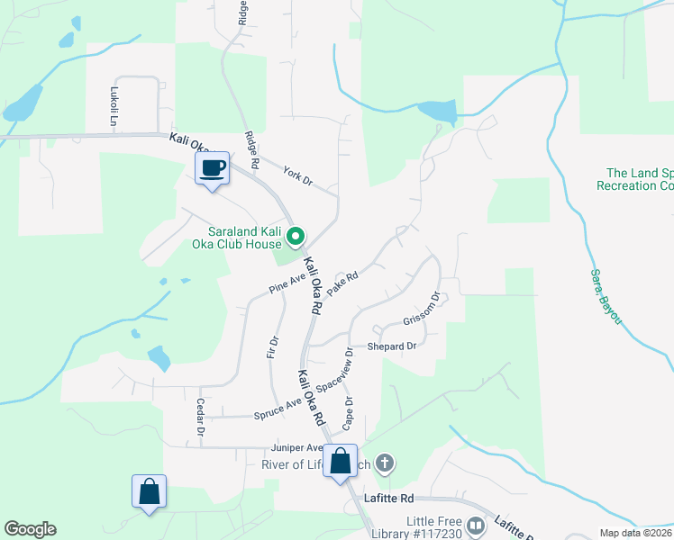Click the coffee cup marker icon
[213, 168]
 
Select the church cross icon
[385, 464]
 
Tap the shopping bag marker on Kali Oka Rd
[342, 462]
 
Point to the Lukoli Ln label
[114, 106]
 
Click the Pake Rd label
[343, 283]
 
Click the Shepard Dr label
[392, 346]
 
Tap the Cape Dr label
[347, 413]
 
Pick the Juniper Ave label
[296, 447]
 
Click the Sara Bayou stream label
[606, 297]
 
